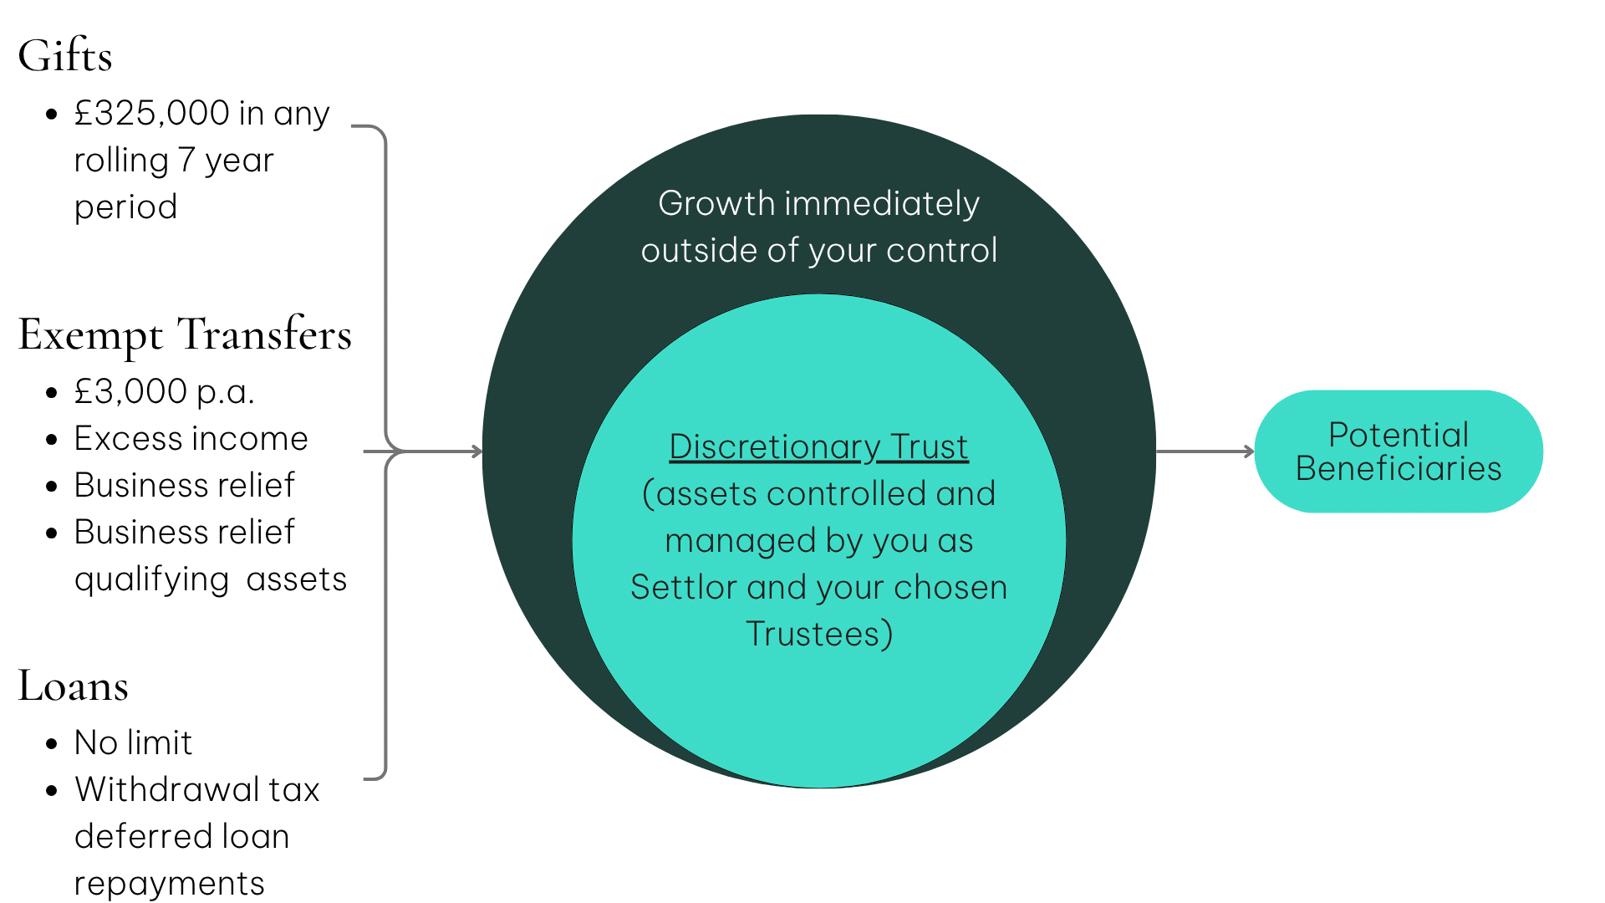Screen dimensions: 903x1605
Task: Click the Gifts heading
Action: (65, 57)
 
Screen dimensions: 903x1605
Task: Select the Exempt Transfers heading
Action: (185, 334)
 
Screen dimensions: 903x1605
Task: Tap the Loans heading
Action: (74, 686)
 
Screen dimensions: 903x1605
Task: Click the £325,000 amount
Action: (151, 114)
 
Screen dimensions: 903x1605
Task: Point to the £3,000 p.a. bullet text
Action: (164, 391)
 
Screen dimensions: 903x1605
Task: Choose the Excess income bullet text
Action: (191, 439)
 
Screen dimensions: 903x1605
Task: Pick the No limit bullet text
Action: (133, 742)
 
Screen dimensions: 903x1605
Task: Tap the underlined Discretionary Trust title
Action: (818, 447)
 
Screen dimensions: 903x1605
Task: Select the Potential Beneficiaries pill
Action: (1399, 451)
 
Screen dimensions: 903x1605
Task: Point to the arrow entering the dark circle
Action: (443, 451)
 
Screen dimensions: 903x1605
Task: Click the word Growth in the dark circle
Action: (716, 204)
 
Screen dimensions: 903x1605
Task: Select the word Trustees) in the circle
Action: (818, 635)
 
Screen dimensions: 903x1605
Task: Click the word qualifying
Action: (151, 579)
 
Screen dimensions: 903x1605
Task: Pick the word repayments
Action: (169, 884)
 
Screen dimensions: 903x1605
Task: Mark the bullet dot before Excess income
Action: (52, 440)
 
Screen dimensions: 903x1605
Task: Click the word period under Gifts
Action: (125, 207)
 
